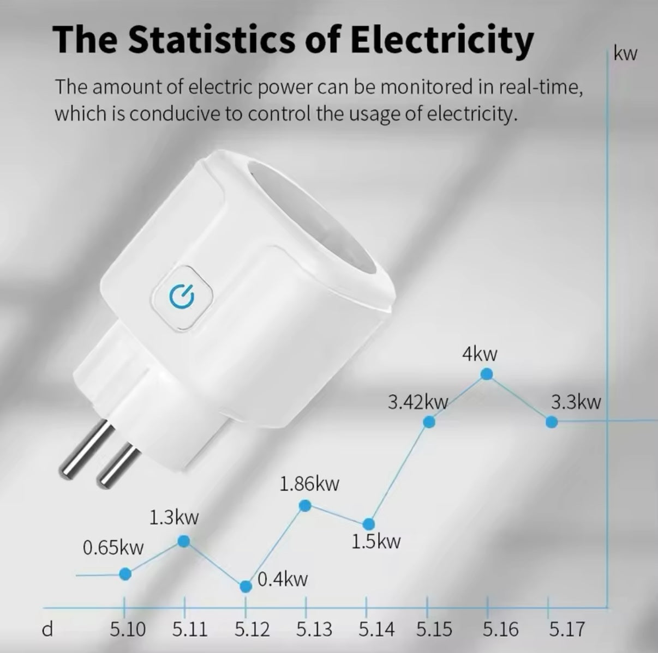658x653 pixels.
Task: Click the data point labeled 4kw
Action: coord(487,374)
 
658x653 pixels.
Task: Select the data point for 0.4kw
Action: coord(246,587)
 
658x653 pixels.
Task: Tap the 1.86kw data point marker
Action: coord(306,506)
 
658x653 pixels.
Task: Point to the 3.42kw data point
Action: coord(429,421)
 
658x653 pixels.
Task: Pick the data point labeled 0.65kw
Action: coord(125,573)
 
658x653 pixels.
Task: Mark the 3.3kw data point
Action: coord(552,421)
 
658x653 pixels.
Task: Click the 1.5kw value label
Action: coord(375,542)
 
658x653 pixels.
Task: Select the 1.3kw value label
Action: coord(174,517)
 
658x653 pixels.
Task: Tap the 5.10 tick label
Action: coord(128,630)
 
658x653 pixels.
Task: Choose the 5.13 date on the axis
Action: coord(314,630)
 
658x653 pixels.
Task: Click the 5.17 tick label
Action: coord(566,630)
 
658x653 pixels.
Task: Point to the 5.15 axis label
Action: coord(434,630)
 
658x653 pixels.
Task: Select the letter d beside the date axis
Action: coord(48,630)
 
